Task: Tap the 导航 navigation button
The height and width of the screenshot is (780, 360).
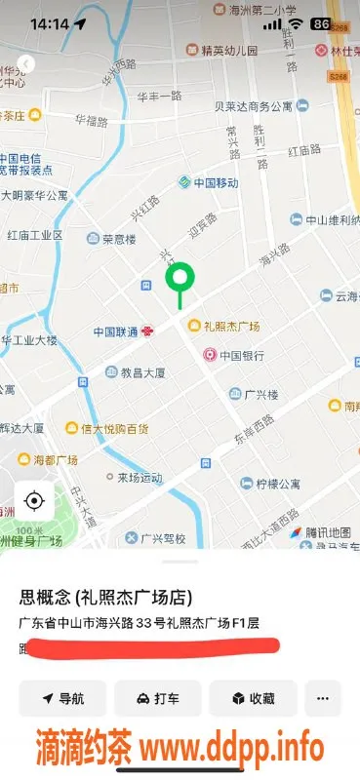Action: pyautogui.click(x=62, y=698)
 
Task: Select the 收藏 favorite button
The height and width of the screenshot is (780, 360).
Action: pyautogui.click(x=252, y=698)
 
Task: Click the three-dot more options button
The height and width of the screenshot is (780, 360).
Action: pyautogui.click(x=323, y=698)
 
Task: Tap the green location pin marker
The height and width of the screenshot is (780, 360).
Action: pyautogui.click(x=180, y=281)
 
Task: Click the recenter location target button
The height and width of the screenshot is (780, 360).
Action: pyautogui.click(x=34, y=501)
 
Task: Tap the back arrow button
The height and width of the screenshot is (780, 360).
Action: pyautogui.click(x=26, y=63)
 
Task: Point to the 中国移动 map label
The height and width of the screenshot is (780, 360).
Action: pyautogui.click(x=208, y=182)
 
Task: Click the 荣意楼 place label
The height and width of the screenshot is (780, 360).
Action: pyautogui.click(x=119, y=238)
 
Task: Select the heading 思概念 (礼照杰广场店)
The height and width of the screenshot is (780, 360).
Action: pyautogui.click(x=105, y=597)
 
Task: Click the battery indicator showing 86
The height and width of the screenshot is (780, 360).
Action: pyautogui.click(x=320, y=22)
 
